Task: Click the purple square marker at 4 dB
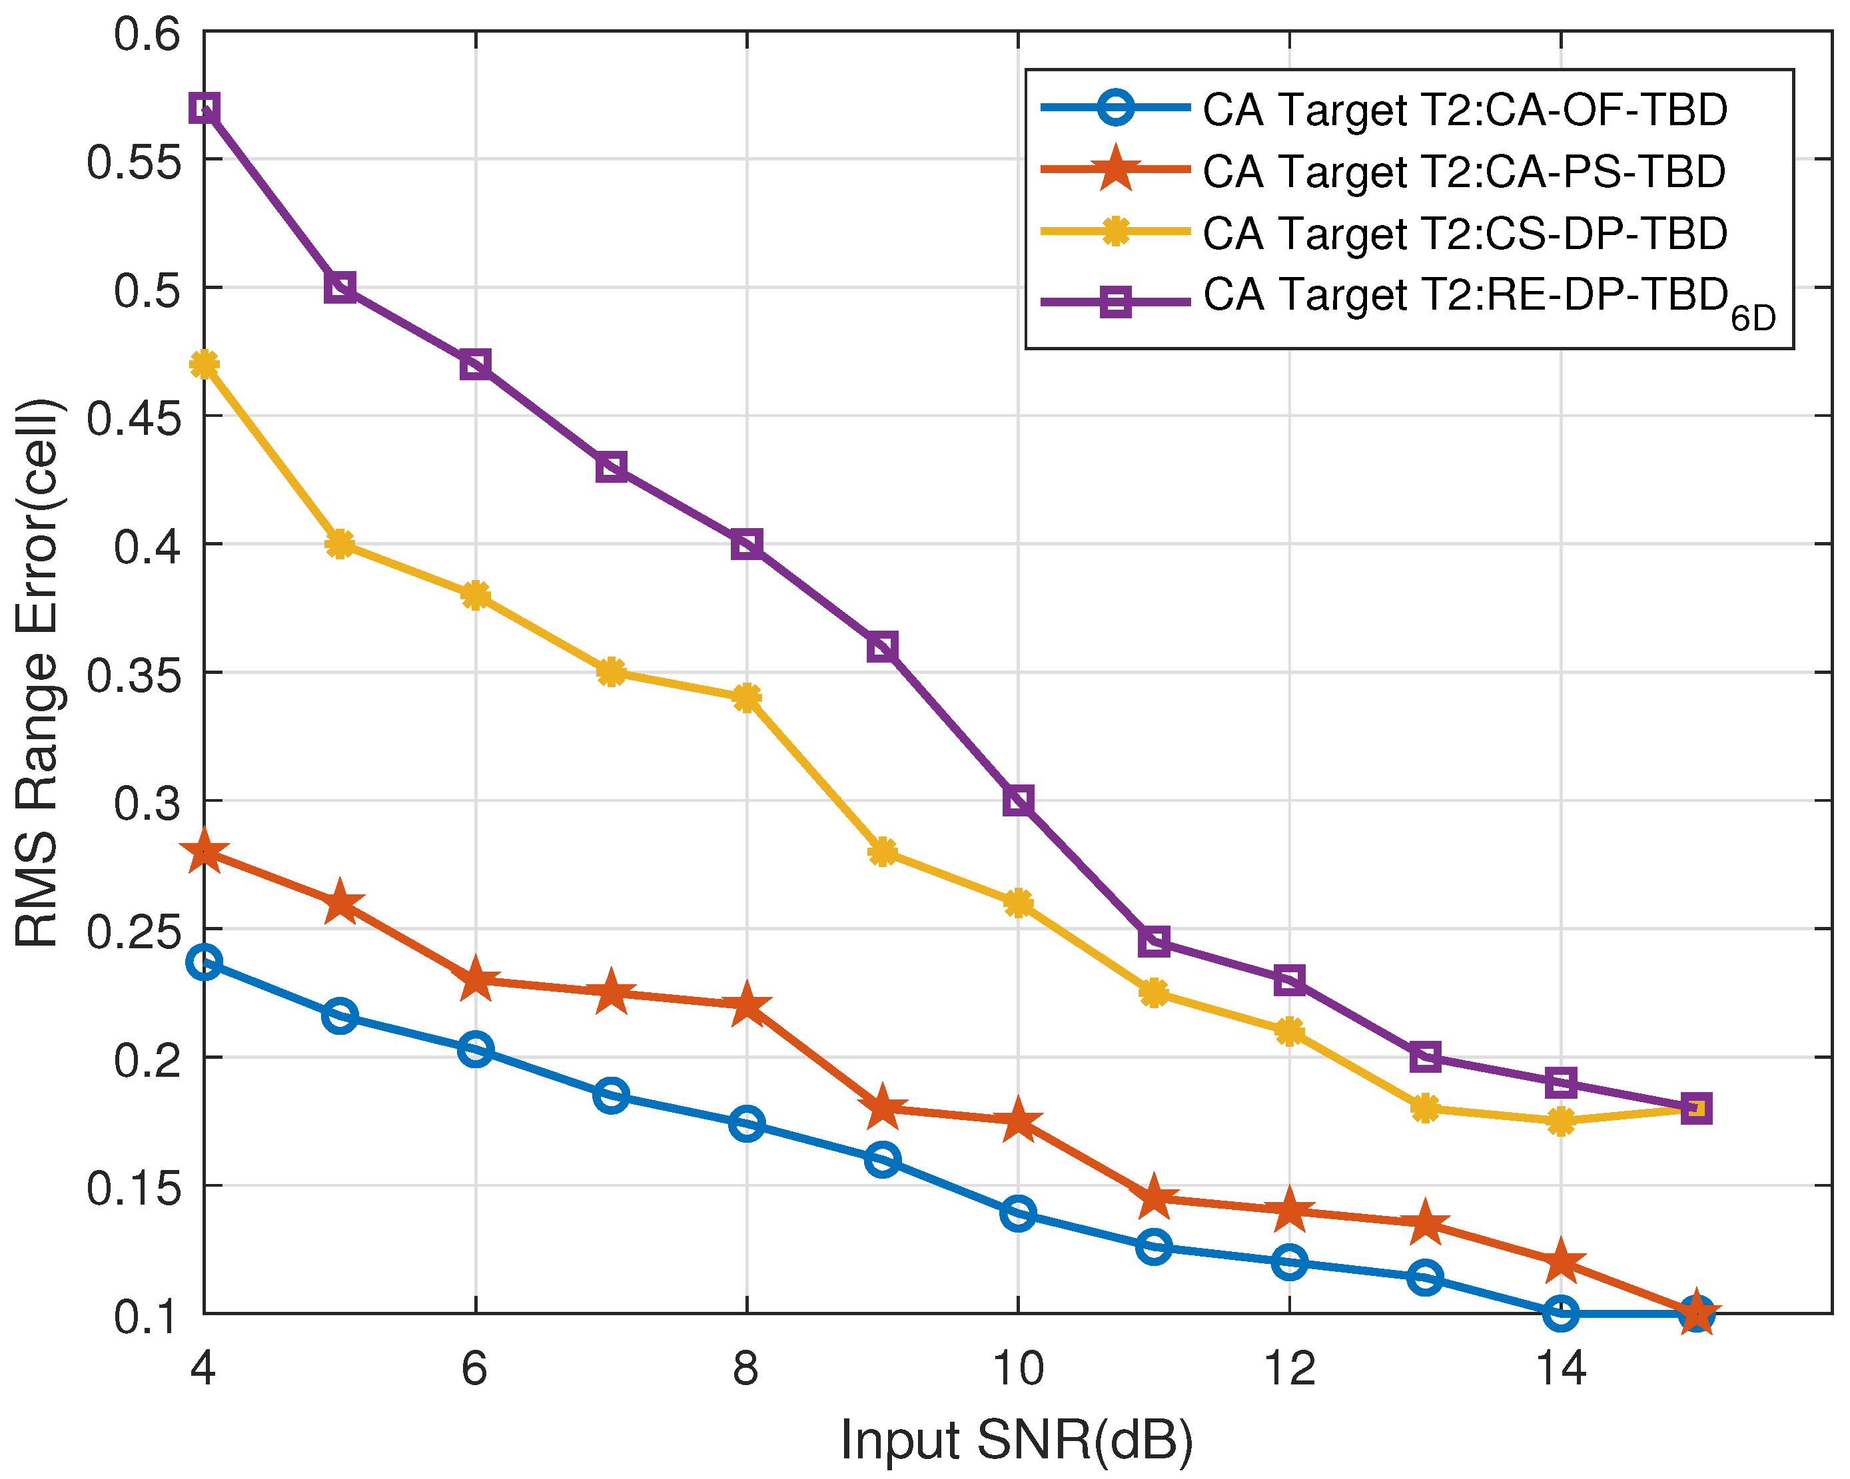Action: pyautogui.click(x=205, y=108)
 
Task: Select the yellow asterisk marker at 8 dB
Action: pyautogui.click(x=747, y=697)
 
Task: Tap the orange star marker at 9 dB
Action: pyautogui.click(x=882, y=1107)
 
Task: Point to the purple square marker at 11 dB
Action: pyautogui.click(x=1154, y=941)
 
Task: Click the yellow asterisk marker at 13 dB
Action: pyautogui.click(x=1425, y=1107)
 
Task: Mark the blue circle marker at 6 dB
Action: pyautogui.click(x=476, y=1048)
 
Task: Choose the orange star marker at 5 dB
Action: pyautogui.click(x=340, y=904)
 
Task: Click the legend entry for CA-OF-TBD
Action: pyautogui.click(x=1464, y=110)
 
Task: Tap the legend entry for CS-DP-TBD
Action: pyautogui.click(x=1464, y=233)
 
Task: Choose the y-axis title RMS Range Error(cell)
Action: pyautogui.click(x=39, y=673)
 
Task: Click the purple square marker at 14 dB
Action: pyautogui.click(x=1561, y=1083)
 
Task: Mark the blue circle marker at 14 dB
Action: pyautogui.click(x=1561, y=1313)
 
